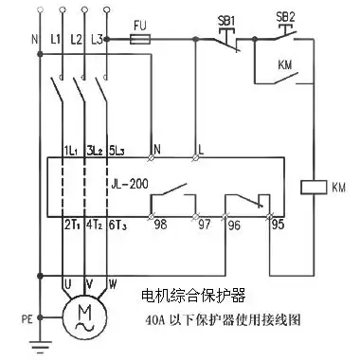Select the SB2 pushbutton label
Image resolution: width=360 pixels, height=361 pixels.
283,19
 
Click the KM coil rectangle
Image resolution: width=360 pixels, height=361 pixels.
312,187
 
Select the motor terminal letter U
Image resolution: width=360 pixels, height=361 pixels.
65,282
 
